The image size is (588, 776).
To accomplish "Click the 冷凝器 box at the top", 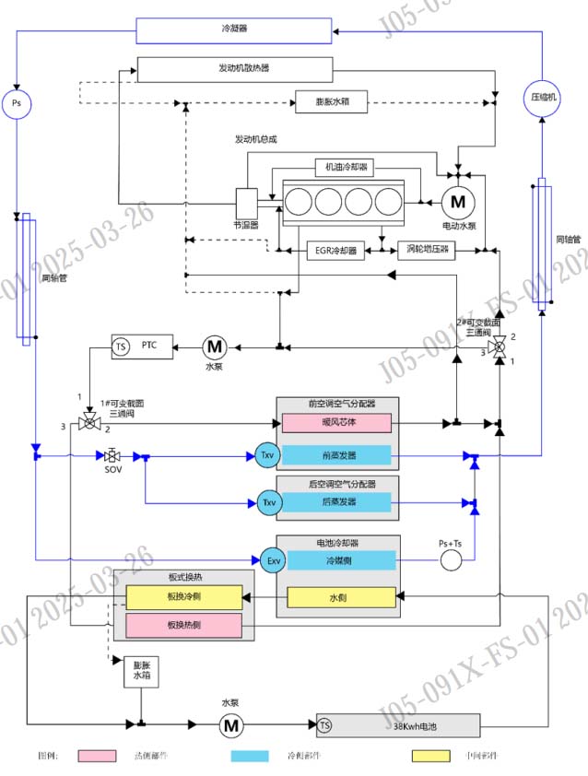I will click(235, 29).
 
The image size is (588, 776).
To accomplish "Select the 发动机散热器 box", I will click(235, 69).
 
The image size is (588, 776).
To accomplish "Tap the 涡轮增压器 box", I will click(426, 249).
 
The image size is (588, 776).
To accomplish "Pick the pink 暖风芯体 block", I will click(337, 423).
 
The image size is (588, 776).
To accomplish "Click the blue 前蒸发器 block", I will click(337, 455).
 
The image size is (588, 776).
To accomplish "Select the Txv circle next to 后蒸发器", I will click(267, 502).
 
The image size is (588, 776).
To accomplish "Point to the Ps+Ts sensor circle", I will click(450, 559).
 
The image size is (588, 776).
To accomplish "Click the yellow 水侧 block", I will click(342, 597).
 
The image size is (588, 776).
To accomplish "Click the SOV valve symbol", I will click(112, 456).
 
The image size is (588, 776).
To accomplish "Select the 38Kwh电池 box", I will click(399, 725).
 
